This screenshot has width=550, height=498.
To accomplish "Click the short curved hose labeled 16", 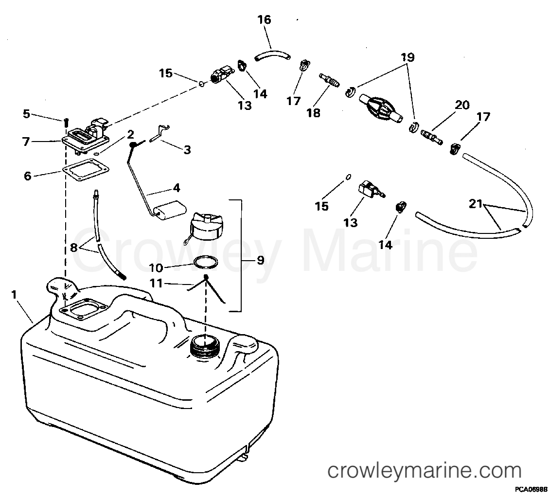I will point(272,54).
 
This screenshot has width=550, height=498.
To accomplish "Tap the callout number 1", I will point(14,295).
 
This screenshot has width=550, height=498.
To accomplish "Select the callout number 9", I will point(260,260).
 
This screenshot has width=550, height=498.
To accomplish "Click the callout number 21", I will point(477,204).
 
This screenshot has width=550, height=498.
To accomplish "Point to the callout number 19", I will point(407,57).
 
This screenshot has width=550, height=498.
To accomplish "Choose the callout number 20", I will point(462,105).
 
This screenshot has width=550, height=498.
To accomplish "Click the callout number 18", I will point(314,113).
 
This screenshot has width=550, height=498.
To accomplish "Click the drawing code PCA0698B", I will point(531,488).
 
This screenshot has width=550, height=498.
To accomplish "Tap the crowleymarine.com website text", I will point(424,471).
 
